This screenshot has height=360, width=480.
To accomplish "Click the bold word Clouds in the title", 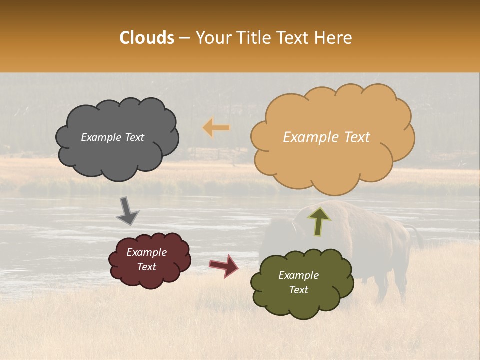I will [x=147, y=38].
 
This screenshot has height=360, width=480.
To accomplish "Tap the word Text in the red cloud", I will [x=146, y=267].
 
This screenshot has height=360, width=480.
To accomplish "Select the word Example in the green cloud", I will [x=298, y=275].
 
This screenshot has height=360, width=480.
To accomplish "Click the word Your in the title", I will [x=212, y=38].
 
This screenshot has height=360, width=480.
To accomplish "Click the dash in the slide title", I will [x=184, y=38].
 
